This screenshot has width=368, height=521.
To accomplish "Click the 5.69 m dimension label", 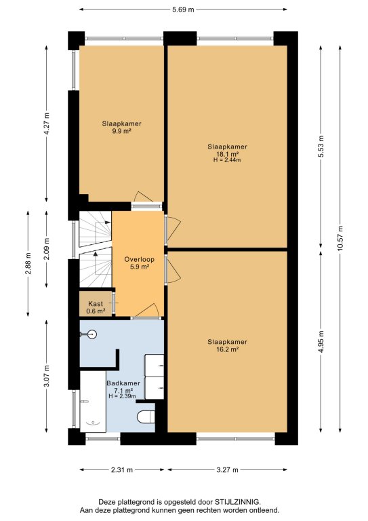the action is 183,9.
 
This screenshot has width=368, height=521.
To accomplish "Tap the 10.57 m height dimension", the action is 340,238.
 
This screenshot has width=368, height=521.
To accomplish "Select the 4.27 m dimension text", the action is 47,123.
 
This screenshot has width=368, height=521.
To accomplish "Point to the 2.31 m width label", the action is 122,469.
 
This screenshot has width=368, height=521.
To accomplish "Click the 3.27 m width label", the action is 227,469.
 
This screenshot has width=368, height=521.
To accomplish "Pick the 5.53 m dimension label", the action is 321,147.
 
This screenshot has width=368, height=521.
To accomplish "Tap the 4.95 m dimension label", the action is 321,342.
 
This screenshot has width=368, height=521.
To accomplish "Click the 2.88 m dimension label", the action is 28,263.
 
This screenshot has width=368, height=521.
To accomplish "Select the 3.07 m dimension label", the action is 47,376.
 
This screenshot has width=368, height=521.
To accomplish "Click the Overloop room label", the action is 140,259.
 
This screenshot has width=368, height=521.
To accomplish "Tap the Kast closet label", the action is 96,304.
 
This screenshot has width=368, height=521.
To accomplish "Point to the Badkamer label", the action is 123,383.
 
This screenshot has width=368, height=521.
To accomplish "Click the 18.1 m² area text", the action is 228,154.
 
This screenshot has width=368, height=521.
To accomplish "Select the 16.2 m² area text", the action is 228,349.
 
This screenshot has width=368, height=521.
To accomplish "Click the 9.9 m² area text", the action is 121,131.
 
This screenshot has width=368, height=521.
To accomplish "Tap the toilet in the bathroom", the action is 146,417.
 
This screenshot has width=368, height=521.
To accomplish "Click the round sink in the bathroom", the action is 92,334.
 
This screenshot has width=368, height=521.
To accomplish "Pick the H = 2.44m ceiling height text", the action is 227,160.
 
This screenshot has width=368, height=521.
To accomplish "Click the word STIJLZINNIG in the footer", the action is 238,502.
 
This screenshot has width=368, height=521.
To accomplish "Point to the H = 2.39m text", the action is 122,396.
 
